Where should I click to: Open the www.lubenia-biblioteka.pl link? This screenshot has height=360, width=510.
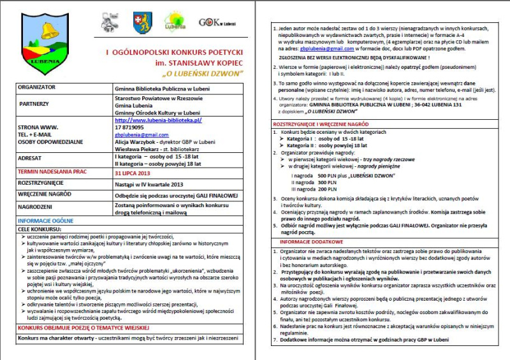(157, 120)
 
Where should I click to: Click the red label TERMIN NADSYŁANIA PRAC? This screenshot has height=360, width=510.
(53, 172)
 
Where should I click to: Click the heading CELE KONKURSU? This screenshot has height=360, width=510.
(40, 228)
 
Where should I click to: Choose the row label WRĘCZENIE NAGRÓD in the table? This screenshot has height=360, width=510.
(45, 194)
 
